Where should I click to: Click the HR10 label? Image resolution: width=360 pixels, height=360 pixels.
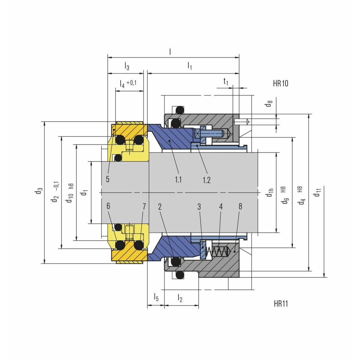click(280, 84)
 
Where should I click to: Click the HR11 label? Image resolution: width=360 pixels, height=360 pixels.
click(281, 303)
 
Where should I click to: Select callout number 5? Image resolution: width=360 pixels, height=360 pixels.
click(108, 179)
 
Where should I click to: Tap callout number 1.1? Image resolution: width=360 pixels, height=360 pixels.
click(178, 180)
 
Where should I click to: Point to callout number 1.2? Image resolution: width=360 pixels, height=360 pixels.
click(206, 180)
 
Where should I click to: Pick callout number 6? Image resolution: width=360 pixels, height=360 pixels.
click(108, 206)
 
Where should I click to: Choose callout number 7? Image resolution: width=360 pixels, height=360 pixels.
click(144, 206)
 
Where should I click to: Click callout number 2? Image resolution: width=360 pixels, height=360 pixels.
click(160, 207)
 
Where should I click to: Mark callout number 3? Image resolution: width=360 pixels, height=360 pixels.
click(199, 207)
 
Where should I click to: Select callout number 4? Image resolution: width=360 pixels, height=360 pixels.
click(221, 206)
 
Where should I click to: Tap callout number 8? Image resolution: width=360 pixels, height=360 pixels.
click(240, 206)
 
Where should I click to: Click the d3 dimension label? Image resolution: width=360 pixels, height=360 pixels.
click(39, 191)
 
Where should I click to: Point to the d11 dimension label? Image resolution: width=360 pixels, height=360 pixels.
click(317, 192)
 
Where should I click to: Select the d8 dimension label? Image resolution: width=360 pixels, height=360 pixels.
click(269, 104)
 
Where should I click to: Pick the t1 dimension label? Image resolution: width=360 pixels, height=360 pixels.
click(226, 81)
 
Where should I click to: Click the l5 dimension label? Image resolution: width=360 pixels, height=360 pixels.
click(156, 297)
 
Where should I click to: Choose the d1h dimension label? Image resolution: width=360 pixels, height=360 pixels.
click(270, 192)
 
